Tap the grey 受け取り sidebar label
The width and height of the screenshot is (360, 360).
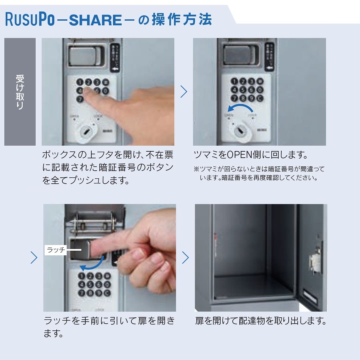point(20,92)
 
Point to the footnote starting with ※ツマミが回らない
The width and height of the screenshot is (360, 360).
point(259,173)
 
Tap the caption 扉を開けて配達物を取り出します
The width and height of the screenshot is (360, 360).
point(260,321)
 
